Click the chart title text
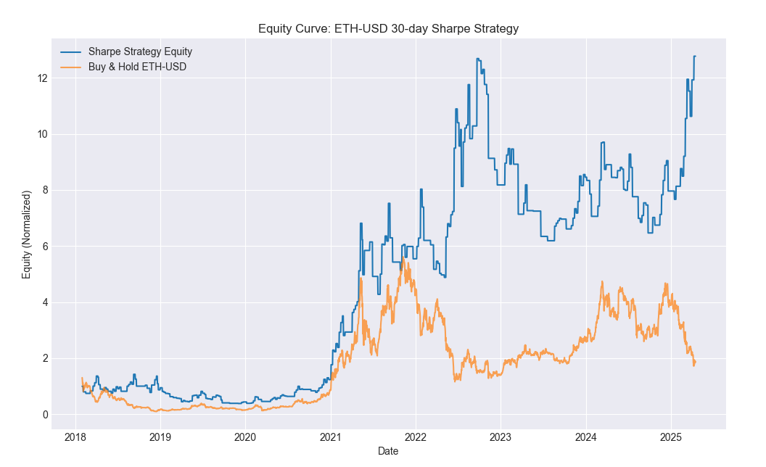click(x=388, y=28)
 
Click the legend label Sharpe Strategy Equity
click(x=140, y=51)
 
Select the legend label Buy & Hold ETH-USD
click(x=137, y=67)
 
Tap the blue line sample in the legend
click(x=70, y=51)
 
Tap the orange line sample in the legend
click(x=70, y=67)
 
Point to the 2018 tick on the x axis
click(x=75, y=437)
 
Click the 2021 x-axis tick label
click(x=331, y=437)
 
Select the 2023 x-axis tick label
click(x=501, y=437)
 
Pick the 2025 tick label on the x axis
click(x=671, y=437)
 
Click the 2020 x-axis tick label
click(x=245, y=437)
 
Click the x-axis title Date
click(x=388, y=451)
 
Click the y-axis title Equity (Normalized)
click(x=26, y=234)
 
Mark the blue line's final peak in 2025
click(x=694, y=57)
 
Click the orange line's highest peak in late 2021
click(x=403, y=257)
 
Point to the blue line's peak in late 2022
click(x=478, y=59)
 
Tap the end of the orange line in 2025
click(x=695, y=362)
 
